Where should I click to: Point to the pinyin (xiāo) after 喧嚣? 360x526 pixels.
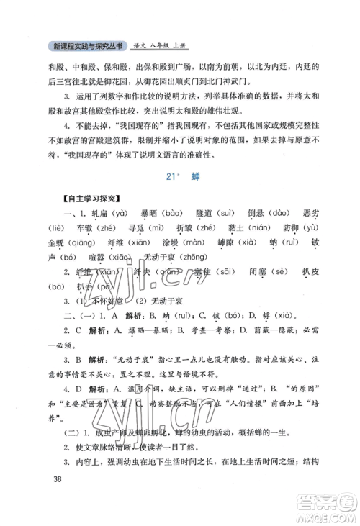[119, 258]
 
